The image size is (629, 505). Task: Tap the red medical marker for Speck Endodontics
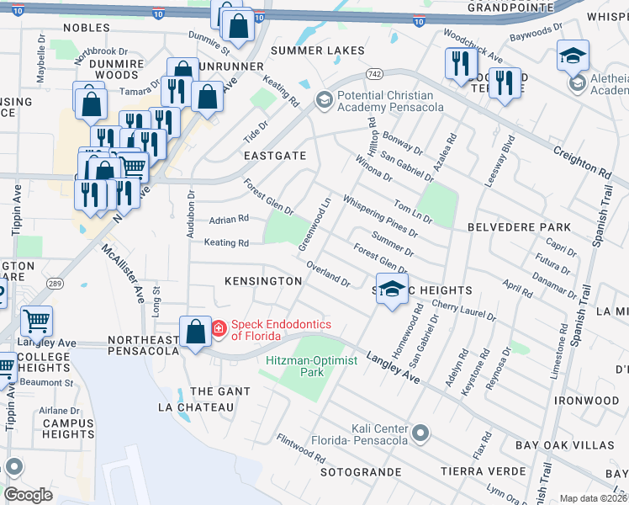[218, 327]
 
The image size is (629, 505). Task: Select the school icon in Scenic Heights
[391, 290]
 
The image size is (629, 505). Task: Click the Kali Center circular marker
[421, 433]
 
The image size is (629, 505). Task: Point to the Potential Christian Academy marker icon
[324, 101]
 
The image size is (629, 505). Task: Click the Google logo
[28, 495]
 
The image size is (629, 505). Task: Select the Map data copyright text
[593, 498]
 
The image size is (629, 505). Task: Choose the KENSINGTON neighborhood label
[263, 280]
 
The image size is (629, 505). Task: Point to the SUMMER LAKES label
[317, 50]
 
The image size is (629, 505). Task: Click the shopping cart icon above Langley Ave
[36, 322]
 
